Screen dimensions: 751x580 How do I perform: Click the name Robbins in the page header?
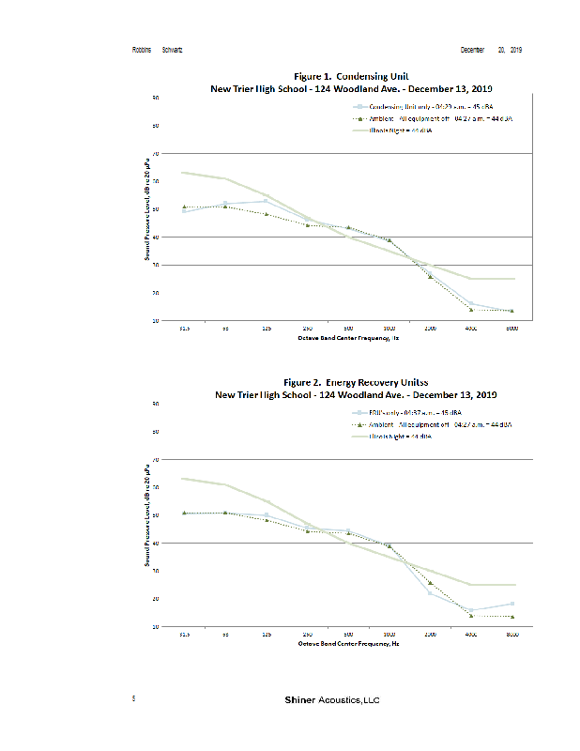[x=142, y=49]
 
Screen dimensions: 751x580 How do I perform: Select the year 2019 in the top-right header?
[x=516, y=49]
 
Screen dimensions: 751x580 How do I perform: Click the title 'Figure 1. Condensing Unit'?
[x=351, y=75]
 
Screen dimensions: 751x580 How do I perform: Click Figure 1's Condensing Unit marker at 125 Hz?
[x=267, y=201]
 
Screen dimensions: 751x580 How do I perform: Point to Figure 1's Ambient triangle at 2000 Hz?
[x=430, y=276]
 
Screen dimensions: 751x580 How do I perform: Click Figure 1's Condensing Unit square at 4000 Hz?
[x=471, y=304]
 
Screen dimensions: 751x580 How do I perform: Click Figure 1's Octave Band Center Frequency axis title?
[x=349, y=337]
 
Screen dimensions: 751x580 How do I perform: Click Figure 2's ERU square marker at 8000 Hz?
[x=511, y=604]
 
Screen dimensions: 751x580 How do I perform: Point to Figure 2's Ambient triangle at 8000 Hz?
[x=511, y=617]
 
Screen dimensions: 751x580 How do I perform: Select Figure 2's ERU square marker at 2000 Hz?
[x=430, y=592]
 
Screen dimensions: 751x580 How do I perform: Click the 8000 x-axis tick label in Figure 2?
[x=511, y=636]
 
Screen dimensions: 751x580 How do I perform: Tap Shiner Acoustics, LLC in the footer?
[x=332, y=700]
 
